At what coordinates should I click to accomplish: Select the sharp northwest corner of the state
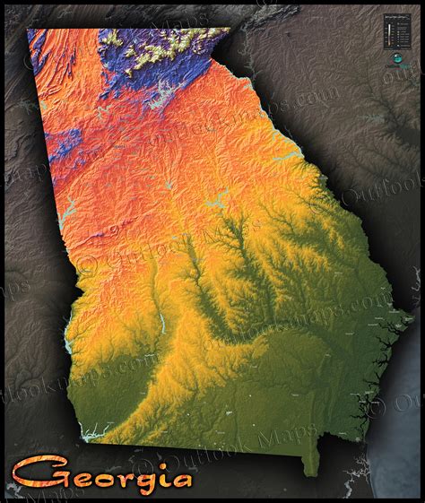point(29,30)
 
